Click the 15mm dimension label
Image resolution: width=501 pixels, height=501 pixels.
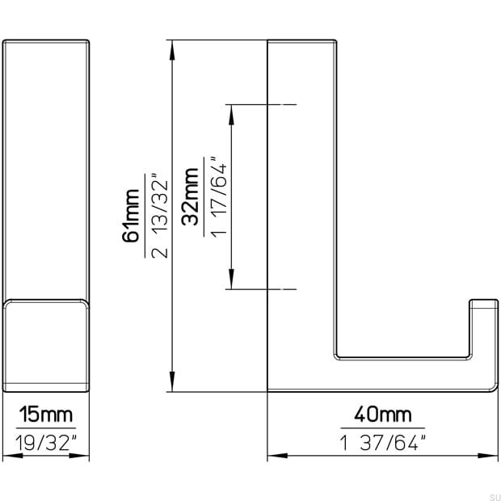click(46, 415)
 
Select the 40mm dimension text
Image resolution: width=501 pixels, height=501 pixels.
click(383, 415)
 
